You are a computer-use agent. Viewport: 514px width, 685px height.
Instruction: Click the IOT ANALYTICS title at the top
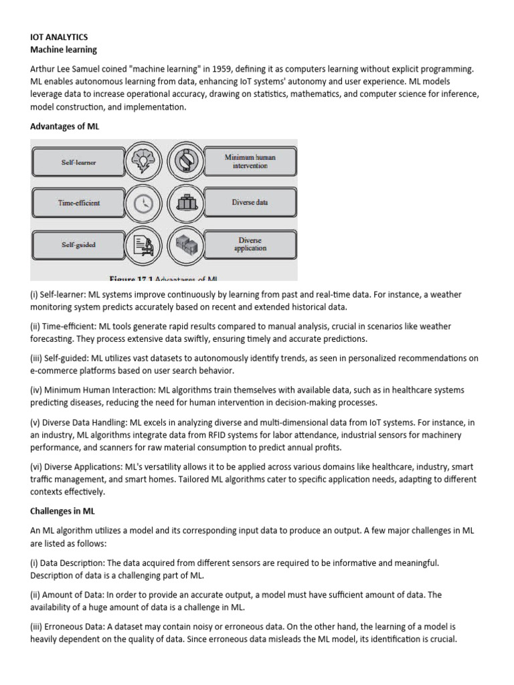click(59, 37)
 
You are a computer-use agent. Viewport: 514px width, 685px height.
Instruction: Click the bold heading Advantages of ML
click(64, 126)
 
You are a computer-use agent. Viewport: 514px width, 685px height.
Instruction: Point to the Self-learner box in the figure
click(78, 163)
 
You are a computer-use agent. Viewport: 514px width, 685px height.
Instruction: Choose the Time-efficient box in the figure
click(78, 203)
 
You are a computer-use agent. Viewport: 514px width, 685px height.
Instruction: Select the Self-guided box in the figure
click(78, 245)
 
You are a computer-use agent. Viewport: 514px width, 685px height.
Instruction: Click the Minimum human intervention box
click(249, 161)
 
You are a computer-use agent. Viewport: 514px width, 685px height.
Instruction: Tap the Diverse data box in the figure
click(249, 203)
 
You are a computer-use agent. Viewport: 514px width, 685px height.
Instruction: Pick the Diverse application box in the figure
click(249, 244)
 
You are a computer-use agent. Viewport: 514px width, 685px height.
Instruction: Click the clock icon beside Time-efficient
click(143, 204)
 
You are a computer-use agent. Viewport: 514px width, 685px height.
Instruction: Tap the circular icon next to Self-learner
click(143, 162)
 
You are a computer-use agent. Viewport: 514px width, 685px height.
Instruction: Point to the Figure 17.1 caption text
click(164, 278)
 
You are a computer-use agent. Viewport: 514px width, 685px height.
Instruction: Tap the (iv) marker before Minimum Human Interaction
click(37, 389)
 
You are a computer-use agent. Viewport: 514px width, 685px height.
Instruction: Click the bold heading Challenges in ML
click(62, 511)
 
